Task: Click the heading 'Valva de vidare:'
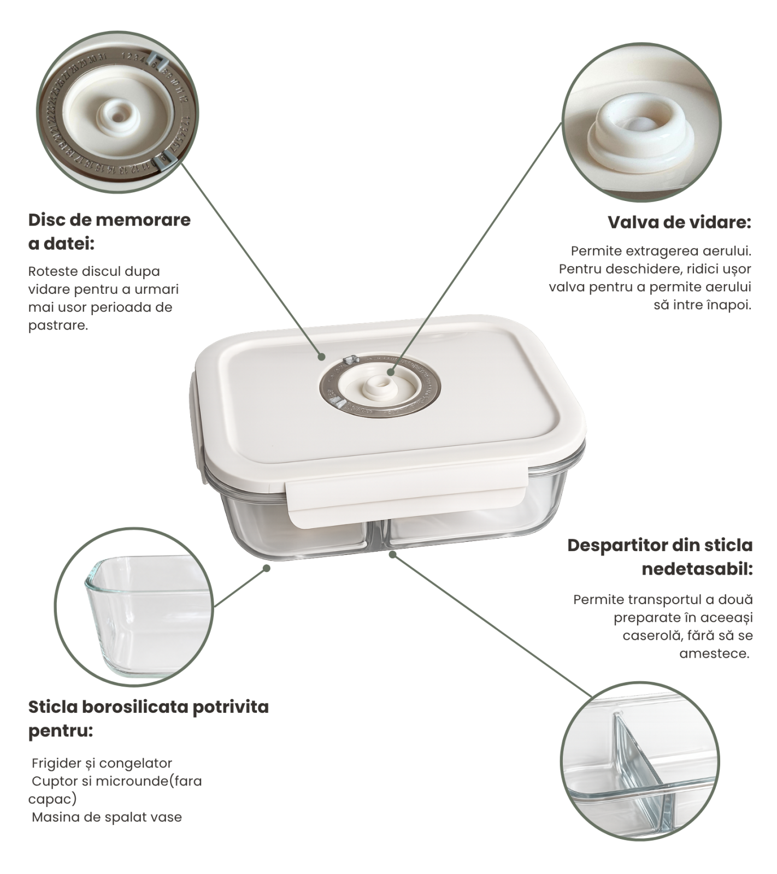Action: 679,223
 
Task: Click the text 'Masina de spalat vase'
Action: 107,817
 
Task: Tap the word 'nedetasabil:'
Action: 697,569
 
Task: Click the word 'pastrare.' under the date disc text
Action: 58,326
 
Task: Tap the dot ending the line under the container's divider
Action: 392,554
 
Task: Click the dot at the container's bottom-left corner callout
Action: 267,568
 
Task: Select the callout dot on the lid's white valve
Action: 391,372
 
